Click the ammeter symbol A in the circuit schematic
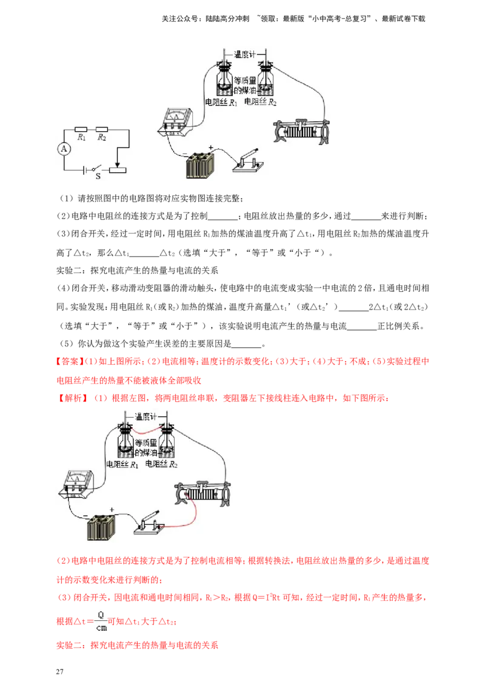click(64, 149)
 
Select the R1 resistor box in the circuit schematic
click(81, 130)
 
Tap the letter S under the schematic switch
click(98, 176)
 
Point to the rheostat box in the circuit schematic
click(118, 170)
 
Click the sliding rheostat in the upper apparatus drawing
click(301, 130)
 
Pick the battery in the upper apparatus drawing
click(200, 166)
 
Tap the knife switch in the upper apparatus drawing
click(248, 161)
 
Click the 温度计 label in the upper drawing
click(245, 55)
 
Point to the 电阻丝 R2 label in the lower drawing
click(161, 464)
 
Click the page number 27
click(60, 671)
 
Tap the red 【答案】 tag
click(69, 362)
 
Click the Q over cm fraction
click(101, 621)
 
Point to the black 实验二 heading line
click(137, 270)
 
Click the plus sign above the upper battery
click(210, 147)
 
